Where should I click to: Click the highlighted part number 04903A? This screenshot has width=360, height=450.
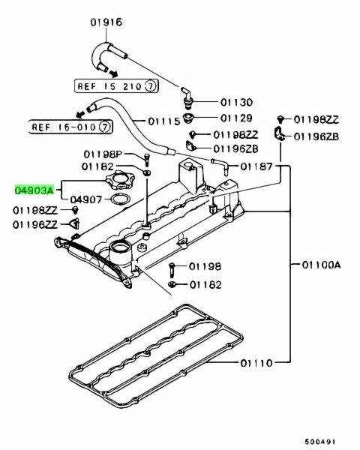tap(34, 190)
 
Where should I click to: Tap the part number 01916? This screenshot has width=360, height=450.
tap(106, 22)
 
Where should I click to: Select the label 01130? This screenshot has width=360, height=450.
tap(236, 102)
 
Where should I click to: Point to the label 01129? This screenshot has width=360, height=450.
tap(236, 118)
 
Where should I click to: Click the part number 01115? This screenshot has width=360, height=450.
tap(164, 121)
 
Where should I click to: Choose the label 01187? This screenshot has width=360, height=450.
tap(256, 166)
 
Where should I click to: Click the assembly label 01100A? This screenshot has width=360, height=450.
tap(321, 265)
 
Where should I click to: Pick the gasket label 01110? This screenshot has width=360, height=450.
tap(256, 363)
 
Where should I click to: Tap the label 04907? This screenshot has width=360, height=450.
tap(86, 199)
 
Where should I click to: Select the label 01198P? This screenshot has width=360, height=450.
tap(103, 154)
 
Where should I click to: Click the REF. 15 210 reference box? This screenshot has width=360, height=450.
tap(116, 85)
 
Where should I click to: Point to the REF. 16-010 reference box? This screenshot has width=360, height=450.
tap(70, 127)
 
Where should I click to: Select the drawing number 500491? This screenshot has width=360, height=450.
tap(319, 442)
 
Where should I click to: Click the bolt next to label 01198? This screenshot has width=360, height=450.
tap(172, 269)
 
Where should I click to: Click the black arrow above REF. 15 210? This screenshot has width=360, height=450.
tap(114, 73)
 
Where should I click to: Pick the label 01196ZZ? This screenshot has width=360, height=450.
tap(34, 224)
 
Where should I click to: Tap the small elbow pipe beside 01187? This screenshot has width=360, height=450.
tap(220, 166)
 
